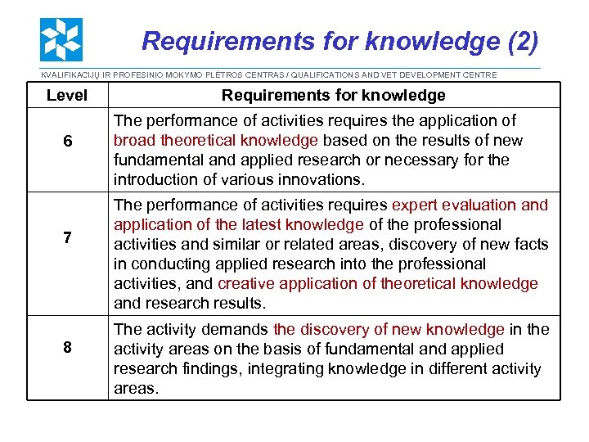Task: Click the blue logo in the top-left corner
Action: tap(61, 39)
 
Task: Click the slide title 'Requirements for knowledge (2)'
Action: tap(339, 40)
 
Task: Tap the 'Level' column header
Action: tap(67, 95)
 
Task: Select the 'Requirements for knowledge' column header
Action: tap(334, 95)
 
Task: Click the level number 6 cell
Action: tap(67, 142)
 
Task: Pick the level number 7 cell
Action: tap(67, 237)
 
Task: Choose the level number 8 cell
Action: tap(67, 348)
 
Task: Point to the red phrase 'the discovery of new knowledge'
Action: tap(389, 329)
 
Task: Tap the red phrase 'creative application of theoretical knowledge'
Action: tap(378, 283)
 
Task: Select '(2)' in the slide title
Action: tap(522, 40)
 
